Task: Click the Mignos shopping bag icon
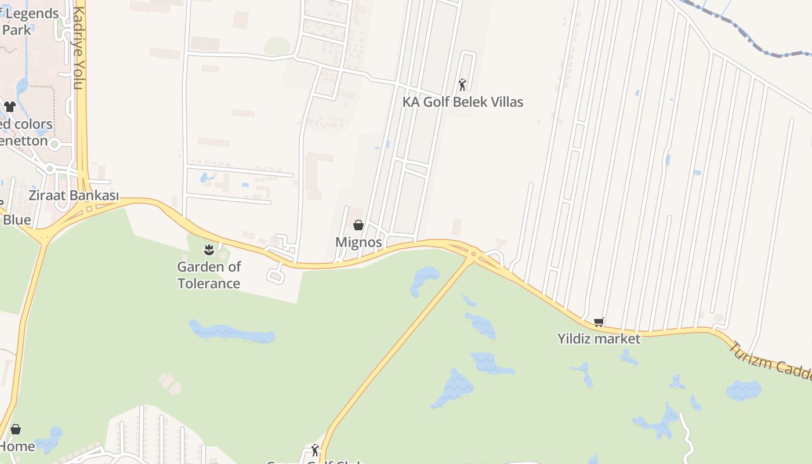358,225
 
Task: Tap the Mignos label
358,242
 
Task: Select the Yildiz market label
599,339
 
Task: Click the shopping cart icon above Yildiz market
599,322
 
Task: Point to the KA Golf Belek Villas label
463,102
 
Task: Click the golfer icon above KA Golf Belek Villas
462,85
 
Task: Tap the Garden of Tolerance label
209,275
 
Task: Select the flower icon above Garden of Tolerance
209,250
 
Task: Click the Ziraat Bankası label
74,195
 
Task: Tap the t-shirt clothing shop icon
10,107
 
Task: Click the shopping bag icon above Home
16,429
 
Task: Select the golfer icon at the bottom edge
315,449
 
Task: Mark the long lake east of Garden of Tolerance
232,332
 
